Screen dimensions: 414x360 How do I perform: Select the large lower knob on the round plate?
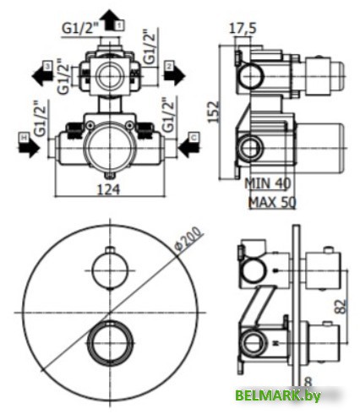(110, 344)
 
